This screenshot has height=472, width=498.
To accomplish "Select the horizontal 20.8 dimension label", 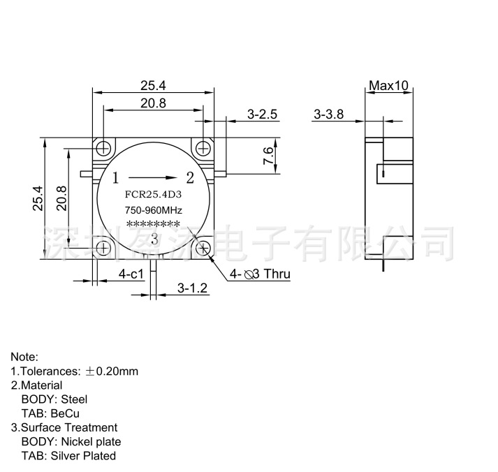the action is [153, 103].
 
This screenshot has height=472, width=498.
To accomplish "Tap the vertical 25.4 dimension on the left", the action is [39, 198].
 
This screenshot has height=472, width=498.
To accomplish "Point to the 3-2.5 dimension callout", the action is [263, 114].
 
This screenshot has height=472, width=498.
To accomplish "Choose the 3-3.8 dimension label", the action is [329, 114].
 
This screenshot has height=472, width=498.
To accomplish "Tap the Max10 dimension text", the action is [388, 85].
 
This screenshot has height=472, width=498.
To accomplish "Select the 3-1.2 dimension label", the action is [193, 287].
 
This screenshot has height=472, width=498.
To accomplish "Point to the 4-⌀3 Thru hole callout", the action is [259, 274].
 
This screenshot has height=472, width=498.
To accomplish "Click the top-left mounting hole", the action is [104, 148].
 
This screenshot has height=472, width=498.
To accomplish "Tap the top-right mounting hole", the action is [203, 148].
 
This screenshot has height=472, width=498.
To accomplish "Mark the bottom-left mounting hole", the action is [104, 247].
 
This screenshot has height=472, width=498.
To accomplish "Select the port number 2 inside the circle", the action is [189, 176].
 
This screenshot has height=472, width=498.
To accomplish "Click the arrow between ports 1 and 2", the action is [153, 176].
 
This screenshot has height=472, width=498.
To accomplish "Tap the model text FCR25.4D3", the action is [153, 195].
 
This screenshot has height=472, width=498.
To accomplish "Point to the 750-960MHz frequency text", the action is [154, 210].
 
